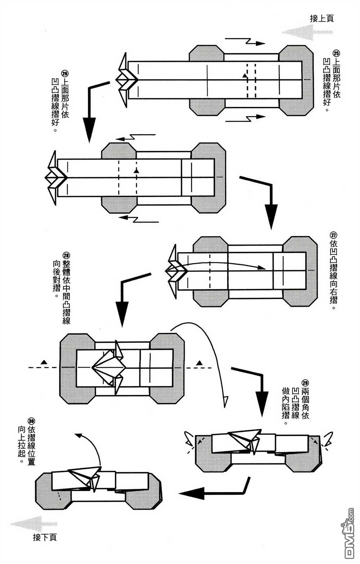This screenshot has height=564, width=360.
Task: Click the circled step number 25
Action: (x=336, y=54)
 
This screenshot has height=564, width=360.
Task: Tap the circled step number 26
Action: (x=65, y=73)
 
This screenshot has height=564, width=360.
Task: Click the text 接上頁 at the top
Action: (x=321, y=19)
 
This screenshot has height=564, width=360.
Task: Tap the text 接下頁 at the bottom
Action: (x=45, y=537)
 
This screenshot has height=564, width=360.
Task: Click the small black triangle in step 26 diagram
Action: (x=136, y=170)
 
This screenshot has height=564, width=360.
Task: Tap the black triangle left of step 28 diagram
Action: (x=44, y=361)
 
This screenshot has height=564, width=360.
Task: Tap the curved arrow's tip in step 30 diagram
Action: (x=77, y=435)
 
